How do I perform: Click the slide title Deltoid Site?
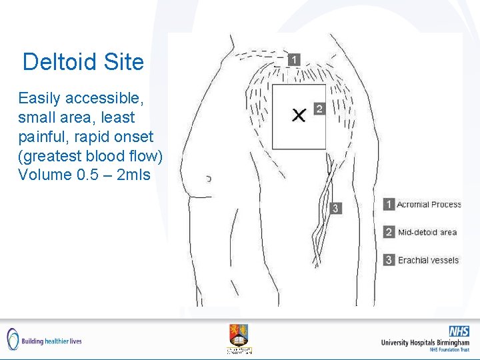(83, 62)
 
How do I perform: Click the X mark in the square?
(299, 115)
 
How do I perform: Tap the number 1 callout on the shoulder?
(295, 60)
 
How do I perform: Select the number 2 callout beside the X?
(319, 109)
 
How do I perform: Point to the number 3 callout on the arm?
(335, 208)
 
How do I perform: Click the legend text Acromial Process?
(429, 204)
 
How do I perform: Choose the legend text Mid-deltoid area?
(427, 232)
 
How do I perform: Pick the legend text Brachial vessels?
(428, 260)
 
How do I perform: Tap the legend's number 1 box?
(389, 204)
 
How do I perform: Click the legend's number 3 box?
(389, 260)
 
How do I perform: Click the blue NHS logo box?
(459, 331)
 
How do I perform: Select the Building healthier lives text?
(51, 341)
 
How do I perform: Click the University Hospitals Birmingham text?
(425, 343)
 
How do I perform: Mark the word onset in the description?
(133, 137)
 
